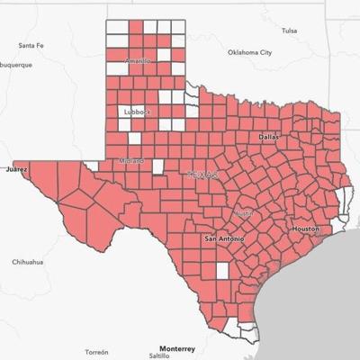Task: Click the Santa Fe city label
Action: click(30, 45)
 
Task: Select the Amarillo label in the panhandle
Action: click(139, 61)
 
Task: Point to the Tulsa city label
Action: click(289, 31)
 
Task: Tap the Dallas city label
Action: click(269, 137)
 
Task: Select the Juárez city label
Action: click(16, 168)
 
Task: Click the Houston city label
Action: click(306, 229)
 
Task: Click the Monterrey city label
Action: click(176, 347)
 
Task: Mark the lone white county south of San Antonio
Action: click(222, 271)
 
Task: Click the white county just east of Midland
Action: click(158, 166)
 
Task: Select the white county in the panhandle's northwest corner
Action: click(116, 26)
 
